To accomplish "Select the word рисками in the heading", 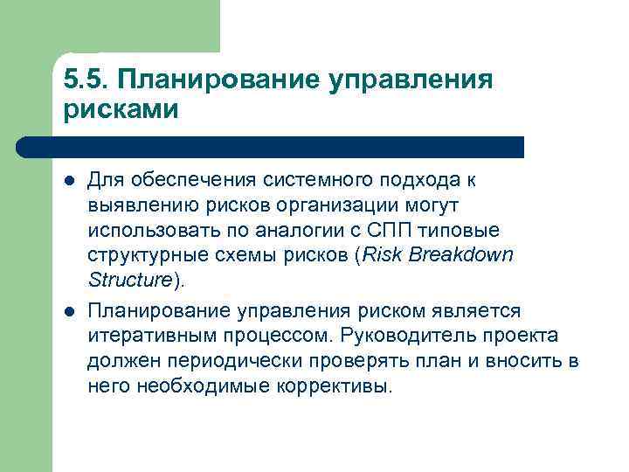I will [x=121, y=110].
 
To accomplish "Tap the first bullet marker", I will [x=69, y=181].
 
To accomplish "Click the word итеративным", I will [x=145, y=337].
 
